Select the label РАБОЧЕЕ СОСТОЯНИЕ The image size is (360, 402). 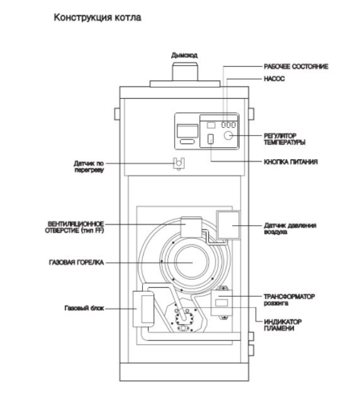pyautogui.click(x=296, y=67)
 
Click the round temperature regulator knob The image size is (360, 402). pyautogui.click(x=229, y=137)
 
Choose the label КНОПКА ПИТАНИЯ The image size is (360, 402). pyautogui.click(x=292, y=162)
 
